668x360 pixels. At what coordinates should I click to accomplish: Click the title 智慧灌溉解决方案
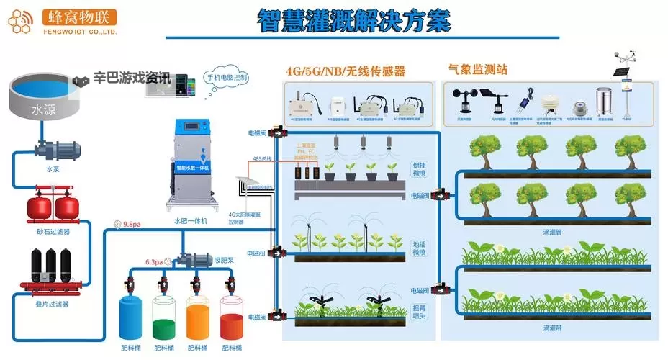coord(354,20)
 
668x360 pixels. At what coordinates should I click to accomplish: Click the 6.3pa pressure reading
coord(153,262)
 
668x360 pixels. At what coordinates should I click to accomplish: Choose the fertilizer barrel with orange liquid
coord(198,318)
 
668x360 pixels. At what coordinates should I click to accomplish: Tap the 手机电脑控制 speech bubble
coord(227,77)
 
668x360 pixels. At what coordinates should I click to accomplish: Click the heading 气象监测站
coord(477,70)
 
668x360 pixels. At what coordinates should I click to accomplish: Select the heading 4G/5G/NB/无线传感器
coord(346,71)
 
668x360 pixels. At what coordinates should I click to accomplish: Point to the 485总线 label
coord(261,158)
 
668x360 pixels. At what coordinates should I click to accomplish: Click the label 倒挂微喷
coord(420,169)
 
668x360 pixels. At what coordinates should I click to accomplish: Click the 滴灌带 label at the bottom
coord(553,328)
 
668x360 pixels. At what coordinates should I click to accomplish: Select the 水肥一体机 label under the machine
coord(191,221)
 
